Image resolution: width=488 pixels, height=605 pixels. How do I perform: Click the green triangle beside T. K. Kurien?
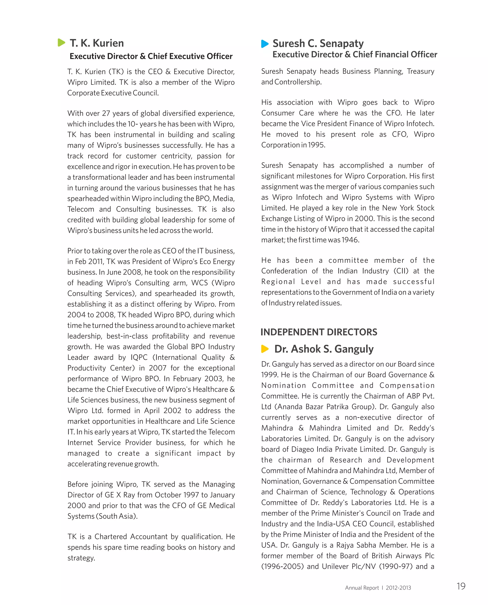pyautogui.click(x=61, y=43)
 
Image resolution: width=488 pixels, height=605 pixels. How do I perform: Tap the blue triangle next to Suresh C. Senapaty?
pyautogui.click(x=264, y=44)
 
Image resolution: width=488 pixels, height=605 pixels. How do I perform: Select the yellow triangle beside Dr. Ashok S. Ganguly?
pyautogui.click(x=264, y=349)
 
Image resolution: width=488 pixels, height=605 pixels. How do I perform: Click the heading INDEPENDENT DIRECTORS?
pyautogui.click(x=319, y=332)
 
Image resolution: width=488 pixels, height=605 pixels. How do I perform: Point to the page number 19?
pyautogui.click(x=461, y=586)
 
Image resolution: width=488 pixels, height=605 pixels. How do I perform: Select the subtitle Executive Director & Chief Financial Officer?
pyautogui.click(x=355, y=55)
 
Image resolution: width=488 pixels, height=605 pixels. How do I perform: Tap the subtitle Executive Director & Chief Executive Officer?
pyautogui.click(x=151, y=56)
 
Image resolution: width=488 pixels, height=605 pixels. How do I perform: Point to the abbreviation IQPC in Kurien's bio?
pyautogui.click(x=139, y=357)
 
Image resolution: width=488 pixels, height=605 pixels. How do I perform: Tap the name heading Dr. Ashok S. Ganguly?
pyautogui.click(x=324, y=349)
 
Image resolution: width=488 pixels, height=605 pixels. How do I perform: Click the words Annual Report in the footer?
pyautogui.click(x=362, y=588)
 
